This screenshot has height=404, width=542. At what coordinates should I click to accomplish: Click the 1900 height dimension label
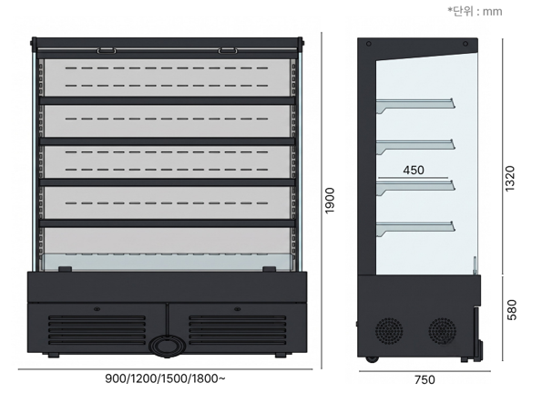point(330,201)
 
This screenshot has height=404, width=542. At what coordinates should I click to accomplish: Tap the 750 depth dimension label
point(424,379)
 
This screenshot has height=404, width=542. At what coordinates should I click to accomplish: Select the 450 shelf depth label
point(414,170)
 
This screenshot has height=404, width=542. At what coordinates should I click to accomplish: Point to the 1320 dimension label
point(510,178)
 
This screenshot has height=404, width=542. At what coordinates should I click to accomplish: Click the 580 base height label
point(511,310)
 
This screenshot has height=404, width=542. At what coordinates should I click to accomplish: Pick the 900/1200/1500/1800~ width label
point(165,378)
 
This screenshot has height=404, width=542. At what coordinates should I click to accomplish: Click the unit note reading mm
point(492,12)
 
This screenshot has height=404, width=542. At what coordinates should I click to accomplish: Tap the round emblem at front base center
point(168,346)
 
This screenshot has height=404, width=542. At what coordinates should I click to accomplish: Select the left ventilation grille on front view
point(97,331)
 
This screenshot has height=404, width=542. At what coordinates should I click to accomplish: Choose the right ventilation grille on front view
point(238,331)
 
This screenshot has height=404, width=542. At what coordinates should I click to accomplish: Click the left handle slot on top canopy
point(107,51)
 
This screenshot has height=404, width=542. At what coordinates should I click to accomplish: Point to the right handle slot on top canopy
point(228,51)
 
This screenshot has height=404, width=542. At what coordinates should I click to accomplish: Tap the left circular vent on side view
point(389,331)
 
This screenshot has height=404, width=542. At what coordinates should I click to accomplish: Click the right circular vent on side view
point(443,331)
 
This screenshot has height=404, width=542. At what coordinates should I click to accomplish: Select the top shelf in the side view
point(415,104)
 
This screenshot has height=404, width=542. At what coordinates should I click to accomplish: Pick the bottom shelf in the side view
point(415,227)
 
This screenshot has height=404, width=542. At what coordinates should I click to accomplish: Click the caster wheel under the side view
point(372,359)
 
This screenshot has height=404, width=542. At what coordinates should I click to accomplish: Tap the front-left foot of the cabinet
point(53,355)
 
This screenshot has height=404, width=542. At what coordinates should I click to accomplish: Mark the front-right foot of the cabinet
point(281,355)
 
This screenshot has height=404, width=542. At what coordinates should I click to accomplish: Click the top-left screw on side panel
point(369,44)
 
